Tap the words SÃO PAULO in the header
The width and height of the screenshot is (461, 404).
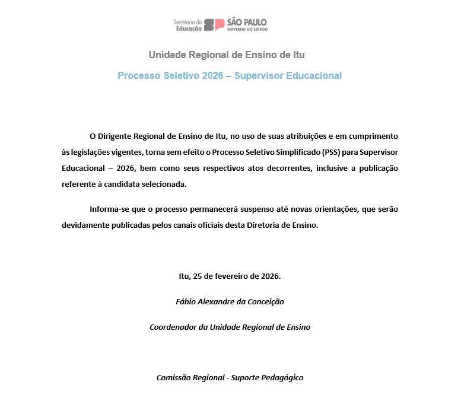click(x=247, y=21)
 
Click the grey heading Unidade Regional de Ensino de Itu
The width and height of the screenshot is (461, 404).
click(x=227, y=55)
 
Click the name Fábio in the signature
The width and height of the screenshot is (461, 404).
click(x=186, y=301)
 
